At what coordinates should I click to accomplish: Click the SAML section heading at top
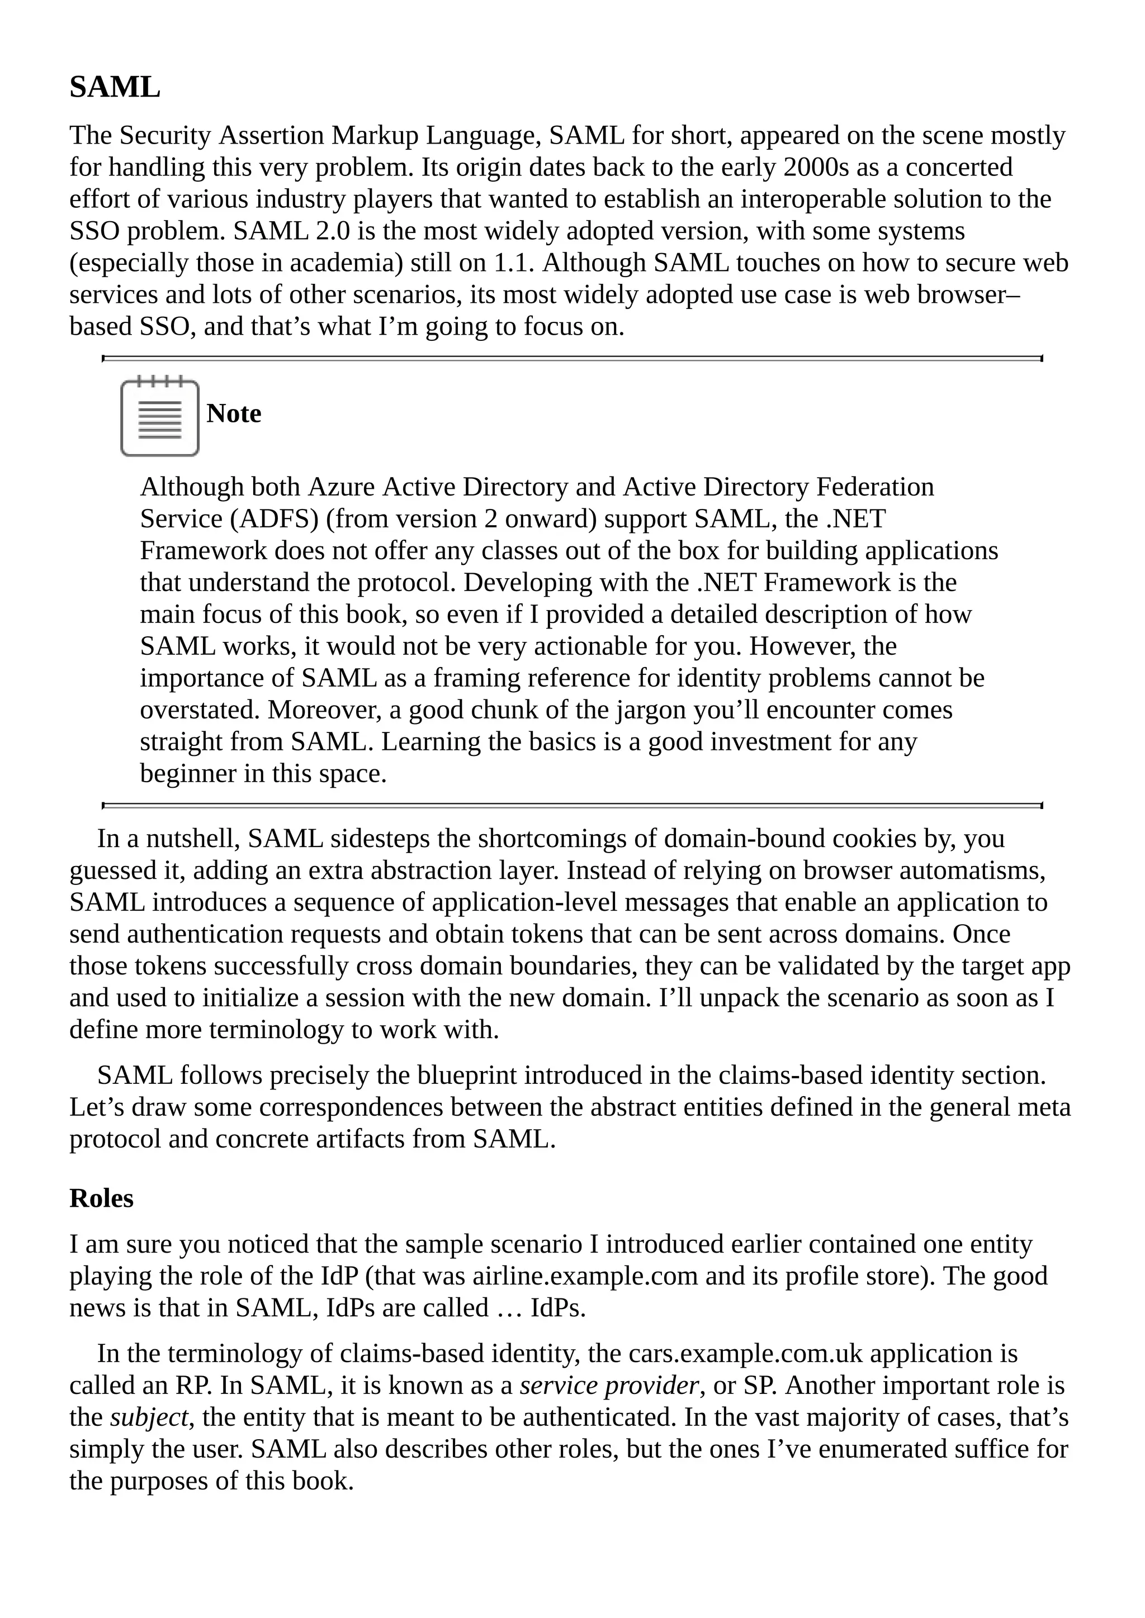point(115,87)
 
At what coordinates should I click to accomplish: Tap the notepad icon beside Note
point(159,417)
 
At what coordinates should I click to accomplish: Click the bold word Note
point(233,413)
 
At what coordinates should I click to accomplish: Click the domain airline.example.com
point(584,1276)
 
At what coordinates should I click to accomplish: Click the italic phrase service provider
point(608,1386)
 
